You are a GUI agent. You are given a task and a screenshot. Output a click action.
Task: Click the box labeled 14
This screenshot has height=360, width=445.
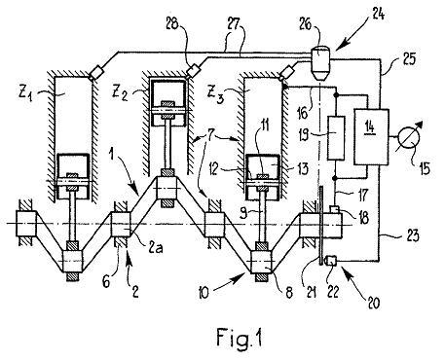[x=371, y=137]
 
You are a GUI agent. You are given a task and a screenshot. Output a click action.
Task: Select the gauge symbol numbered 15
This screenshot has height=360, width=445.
[x=409, y=137]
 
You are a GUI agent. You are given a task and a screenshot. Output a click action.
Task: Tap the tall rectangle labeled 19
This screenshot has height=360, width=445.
[x=336, y=137]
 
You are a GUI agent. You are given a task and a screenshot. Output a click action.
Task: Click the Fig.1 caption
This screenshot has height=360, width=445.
[x=239, y=338]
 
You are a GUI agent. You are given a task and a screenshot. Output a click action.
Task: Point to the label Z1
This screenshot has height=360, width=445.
[x=26, y=94]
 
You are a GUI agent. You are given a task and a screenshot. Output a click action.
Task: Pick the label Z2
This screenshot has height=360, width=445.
[x=120, y=93]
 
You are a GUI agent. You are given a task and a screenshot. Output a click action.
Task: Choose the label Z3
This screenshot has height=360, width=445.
[x=214, y=95]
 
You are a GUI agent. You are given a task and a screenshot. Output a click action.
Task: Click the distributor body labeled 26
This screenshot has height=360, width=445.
[x=320, y=63]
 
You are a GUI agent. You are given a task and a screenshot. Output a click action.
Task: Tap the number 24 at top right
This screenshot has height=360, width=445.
[x=376, y=15]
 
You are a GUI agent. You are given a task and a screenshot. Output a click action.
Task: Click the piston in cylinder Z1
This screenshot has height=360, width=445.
[x=73, y=176]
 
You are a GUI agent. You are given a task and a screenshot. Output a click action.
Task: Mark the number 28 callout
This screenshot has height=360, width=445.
[x=172, y=23]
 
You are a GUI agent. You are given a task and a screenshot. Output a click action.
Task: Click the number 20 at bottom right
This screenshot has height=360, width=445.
[x=373, y=303]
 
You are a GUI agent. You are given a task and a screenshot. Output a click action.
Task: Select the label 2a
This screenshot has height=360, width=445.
[x=156, y=248]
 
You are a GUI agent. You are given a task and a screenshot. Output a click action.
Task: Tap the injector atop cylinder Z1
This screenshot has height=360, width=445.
[x=96, y=73]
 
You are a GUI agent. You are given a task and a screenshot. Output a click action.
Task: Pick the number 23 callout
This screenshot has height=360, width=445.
[x=412, y=235]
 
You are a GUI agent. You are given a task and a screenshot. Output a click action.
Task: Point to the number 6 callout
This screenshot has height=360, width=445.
[x=106, y=282]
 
